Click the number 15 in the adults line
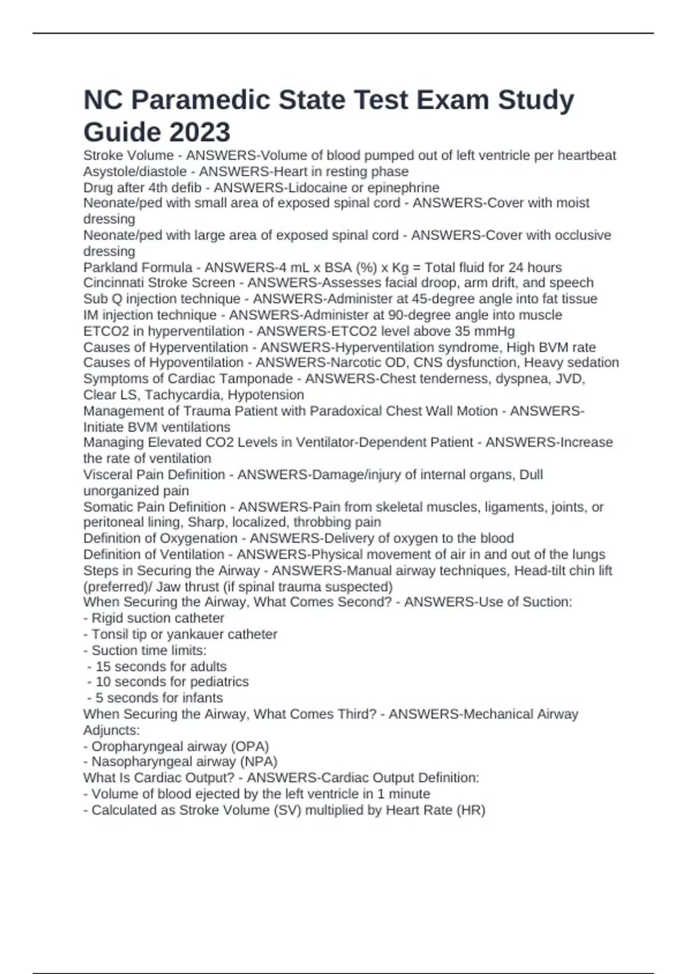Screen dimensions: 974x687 103,666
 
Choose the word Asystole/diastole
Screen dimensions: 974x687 135,172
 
